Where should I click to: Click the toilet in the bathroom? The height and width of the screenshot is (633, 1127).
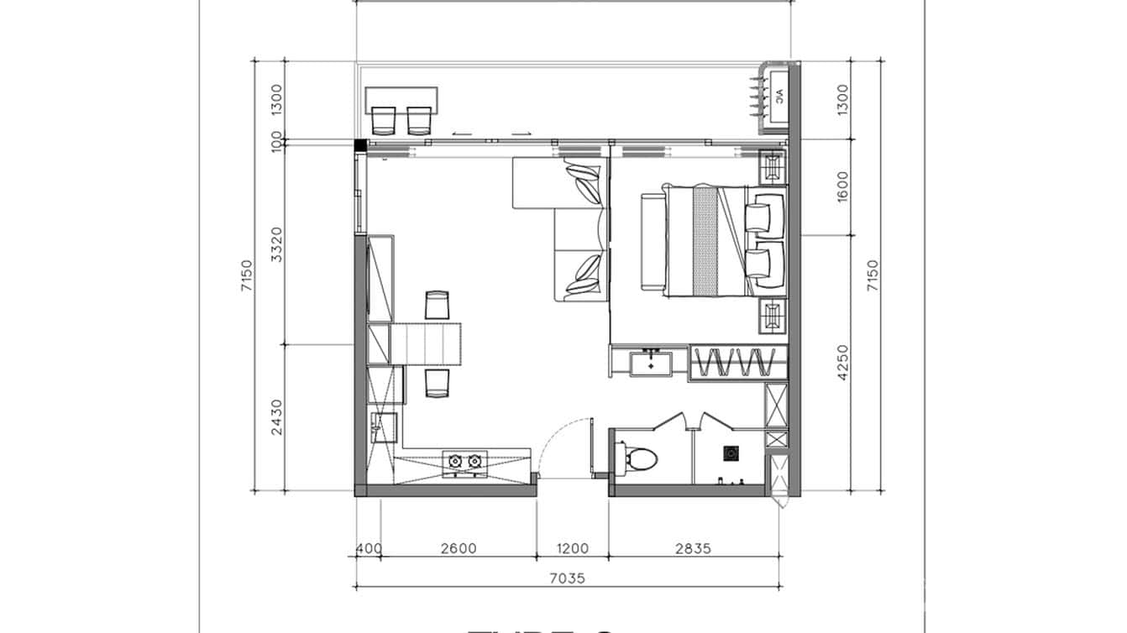coord(642,457)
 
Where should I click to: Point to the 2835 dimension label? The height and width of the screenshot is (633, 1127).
coord(693,549)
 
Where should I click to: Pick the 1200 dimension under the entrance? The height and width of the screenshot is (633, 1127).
coord(572,549)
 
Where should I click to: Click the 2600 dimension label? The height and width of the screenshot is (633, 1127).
coord(459,549)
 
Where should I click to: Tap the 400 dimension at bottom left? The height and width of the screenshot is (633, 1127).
coord(368,549)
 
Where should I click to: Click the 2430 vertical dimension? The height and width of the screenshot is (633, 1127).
coord(277,417)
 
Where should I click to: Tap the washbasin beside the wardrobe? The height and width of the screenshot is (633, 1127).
coord(651,363)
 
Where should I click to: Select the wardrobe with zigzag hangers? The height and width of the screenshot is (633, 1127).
coord(738,362)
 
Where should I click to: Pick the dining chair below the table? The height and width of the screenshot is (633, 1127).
coord(437,383)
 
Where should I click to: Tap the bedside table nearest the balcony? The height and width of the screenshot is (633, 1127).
coord(771,167)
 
